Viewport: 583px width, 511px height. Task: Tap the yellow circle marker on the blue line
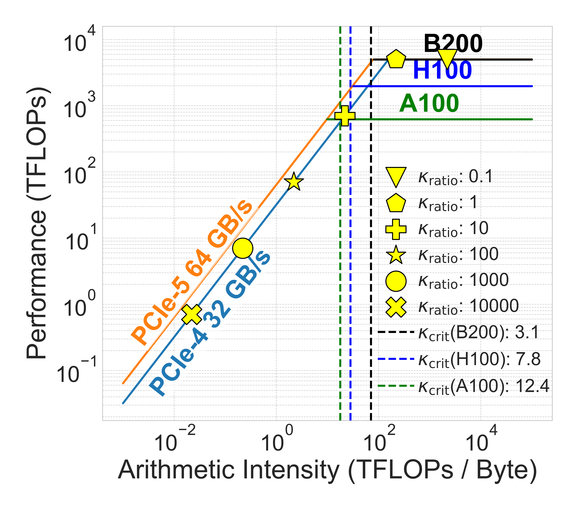[x=243, y=248]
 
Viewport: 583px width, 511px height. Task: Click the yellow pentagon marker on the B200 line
[x=396, y=59]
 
